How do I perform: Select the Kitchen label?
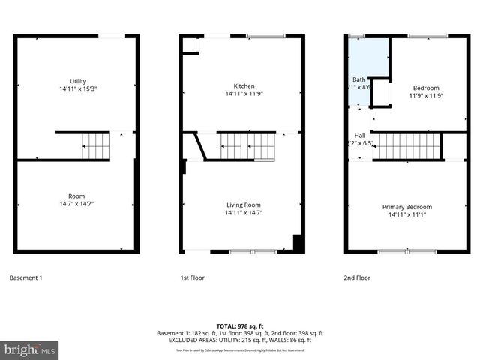click(x=244, y=85)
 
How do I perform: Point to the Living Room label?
click(x=244, y=205)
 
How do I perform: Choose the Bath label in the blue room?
click(x=359, y=79)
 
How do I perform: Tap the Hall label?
click(x=359, y=135)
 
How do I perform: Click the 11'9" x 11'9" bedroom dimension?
click(x=427, y=95)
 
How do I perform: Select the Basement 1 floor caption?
click(x=25, y=278)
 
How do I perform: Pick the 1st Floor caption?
click(x=192, y=278)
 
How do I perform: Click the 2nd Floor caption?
click(x=357, y=278)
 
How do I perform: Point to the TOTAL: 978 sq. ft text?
click(x=239, y=325)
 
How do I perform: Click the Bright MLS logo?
click(x=30, y=349)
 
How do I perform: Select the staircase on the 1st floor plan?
click(x=248, y=146)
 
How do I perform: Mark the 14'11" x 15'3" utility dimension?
click(x=78, y=88)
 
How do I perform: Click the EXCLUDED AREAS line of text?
click(x=239, y=340)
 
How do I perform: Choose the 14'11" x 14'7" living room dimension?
click(x=244, y=213)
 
